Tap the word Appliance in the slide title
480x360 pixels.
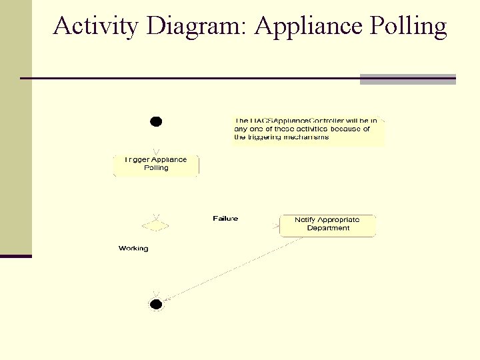pos(308,26)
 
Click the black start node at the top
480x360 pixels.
pos(156,121)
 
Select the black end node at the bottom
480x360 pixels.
pos(156,305)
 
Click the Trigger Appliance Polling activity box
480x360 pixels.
pos(156,165)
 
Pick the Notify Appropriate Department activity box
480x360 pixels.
pos(327,225)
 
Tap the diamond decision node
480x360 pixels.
pos(156,225)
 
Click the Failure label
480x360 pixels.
pos(225,219)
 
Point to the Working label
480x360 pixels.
pos(133,249)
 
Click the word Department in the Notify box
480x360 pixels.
pos(328,229)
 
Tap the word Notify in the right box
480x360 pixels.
pos(305,220)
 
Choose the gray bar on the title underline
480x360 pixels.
pos(407,79)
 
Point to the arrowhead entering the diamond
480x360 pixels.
pos(156,216)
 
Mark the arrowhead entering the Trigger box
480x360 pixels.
pos(156,151)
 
